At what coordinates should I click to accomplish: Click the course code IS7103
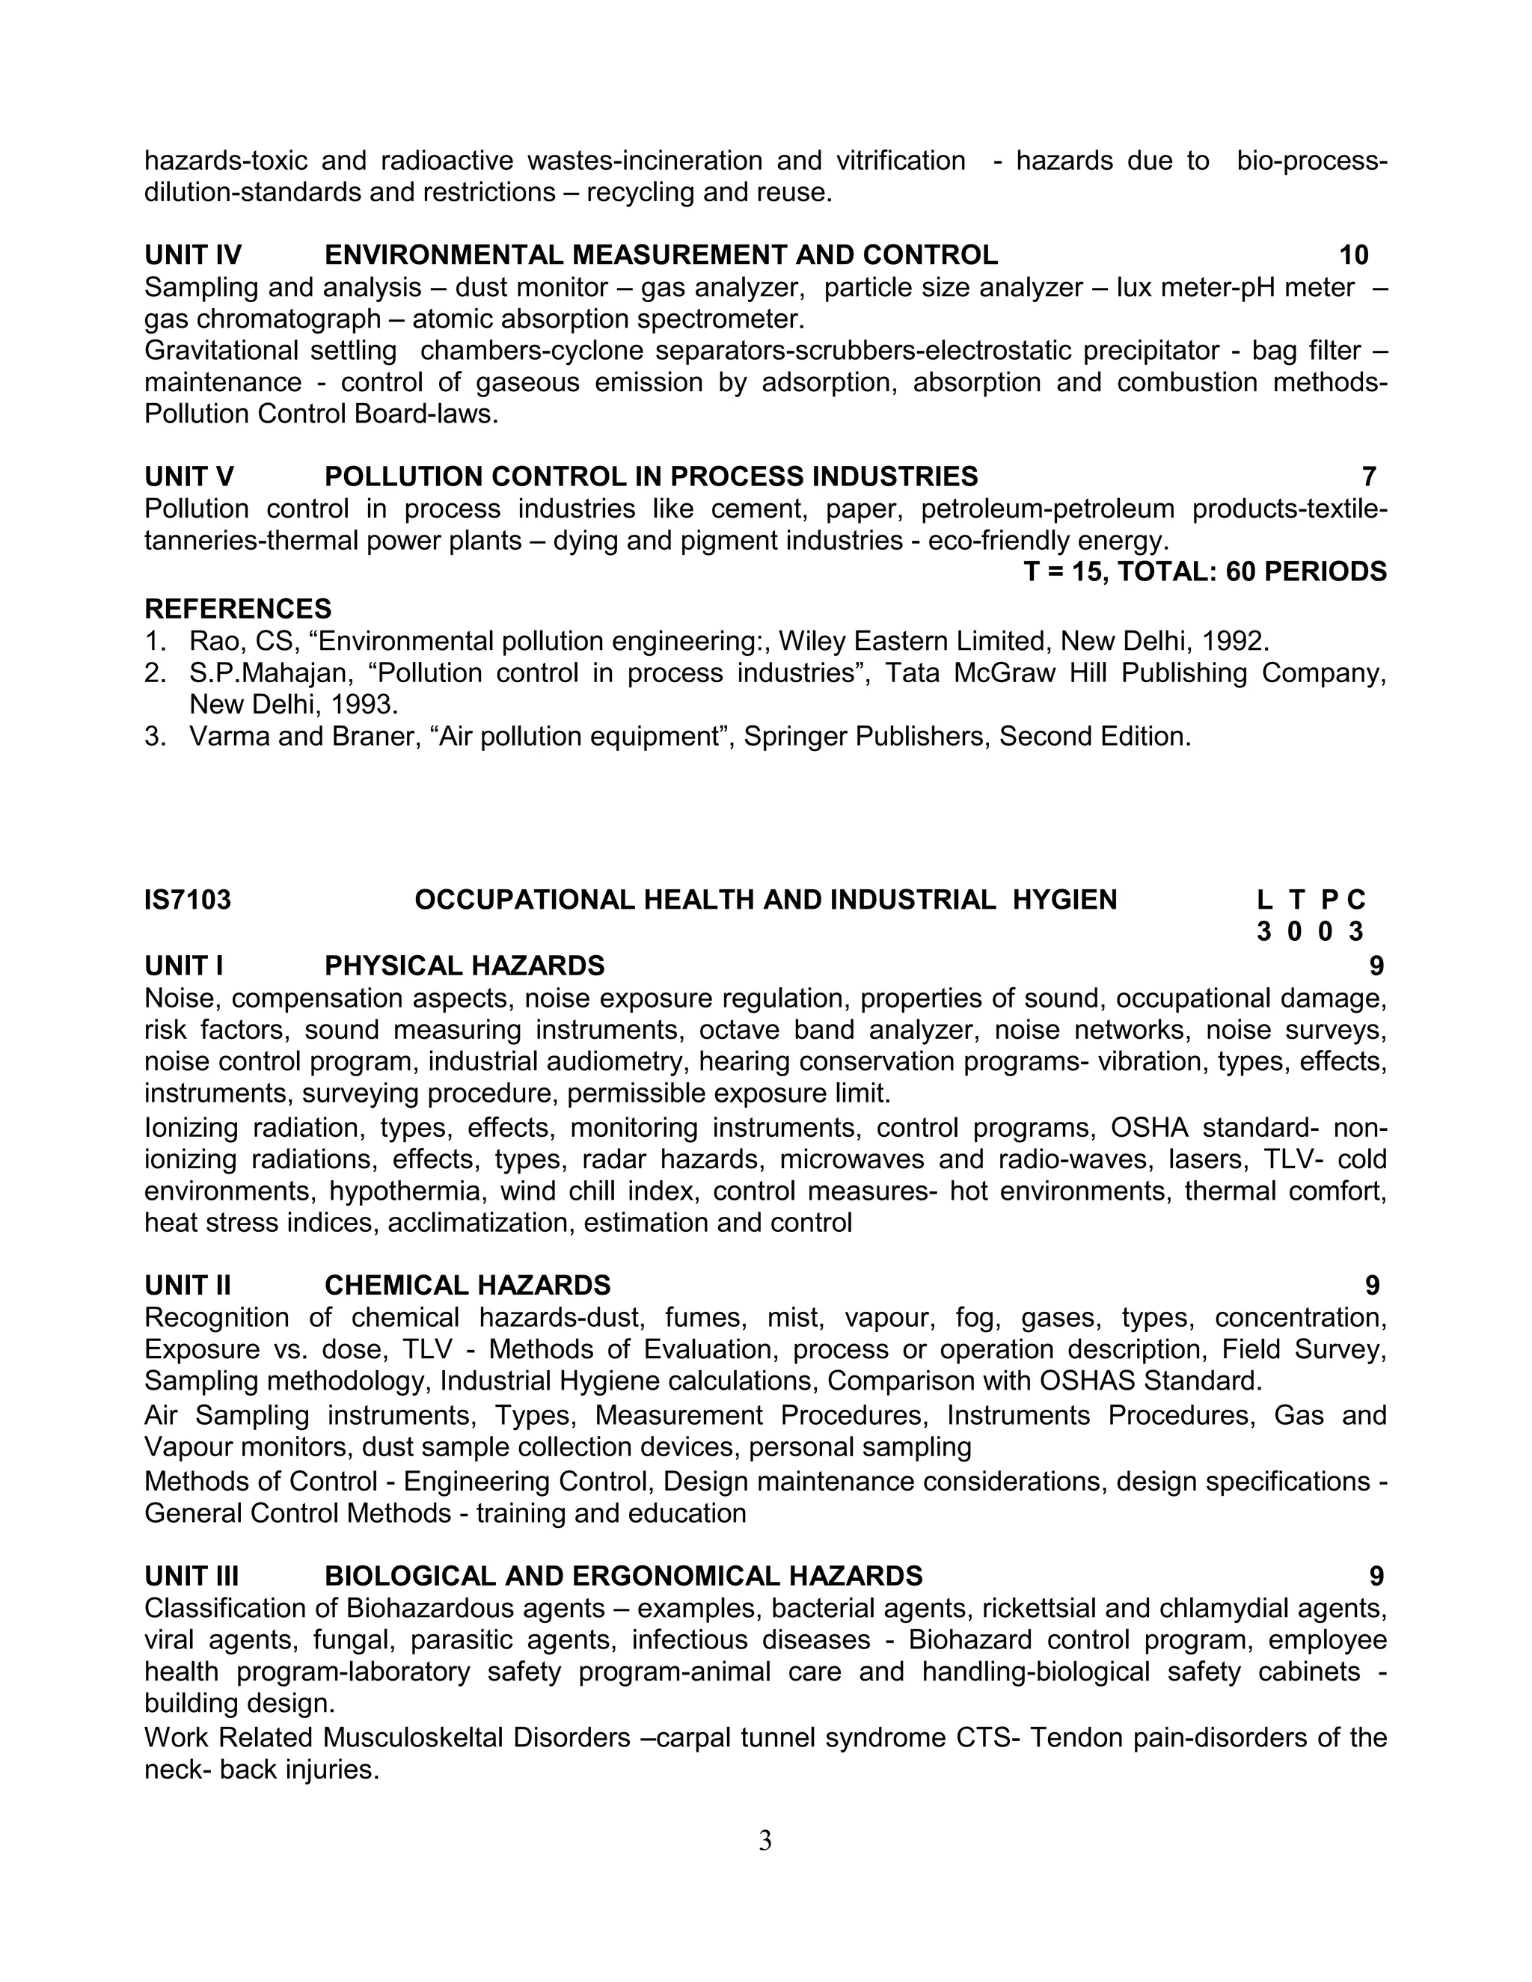188,901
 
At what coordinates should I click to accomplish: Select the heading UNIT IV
193,255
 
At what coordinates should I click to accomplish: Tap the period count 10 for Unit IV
1353,255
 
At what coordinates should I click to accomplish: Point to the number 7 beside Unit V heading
1369,476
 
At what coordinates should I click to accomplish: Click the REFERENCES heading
238,608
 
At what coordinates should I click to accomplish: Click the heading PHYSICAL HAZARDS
464,965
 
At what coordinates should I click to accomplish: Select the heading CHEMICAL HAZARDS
468,1285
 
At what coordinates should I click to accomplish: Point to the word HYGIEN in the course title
1064,901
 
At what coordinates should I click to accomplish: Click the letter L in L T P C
1263,901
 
